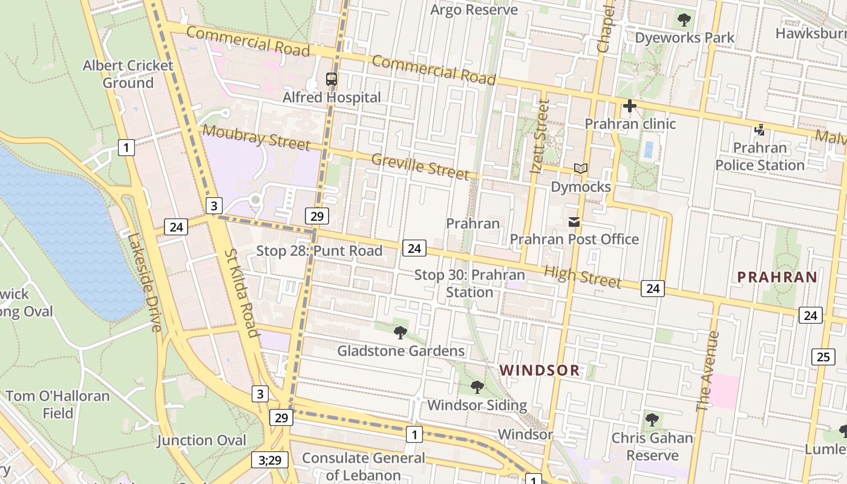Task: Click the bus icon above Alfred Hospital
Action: point(332,79)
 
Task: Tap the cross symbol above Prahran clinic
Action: point(629,106)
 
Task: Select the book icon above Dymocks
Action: point(581,169)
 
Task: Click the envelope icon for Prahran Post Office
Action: point(574,222)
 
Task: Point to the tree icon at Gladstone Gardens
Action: point(400,332)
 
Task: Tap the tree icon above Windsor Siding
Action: point(477,387)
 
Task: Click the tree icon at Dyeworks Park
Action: point(684,20)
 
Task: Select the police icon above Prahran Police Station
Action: point(760,129)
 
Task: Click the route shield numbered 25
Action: point(823,357)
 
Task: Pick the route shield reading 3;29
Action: point(270,460)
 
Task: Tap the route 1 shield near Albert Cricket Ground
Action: point(126,147)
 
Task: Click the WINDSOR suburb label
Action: point(540,370)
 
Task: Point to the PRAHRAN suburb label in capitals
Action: point(777,278)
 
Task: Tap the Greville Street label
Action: point(420,166)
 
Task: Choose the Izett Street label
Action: point(540,137)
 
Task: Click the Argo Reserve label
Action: point(474,10)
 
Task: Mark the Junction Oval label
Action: point(202,440)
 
